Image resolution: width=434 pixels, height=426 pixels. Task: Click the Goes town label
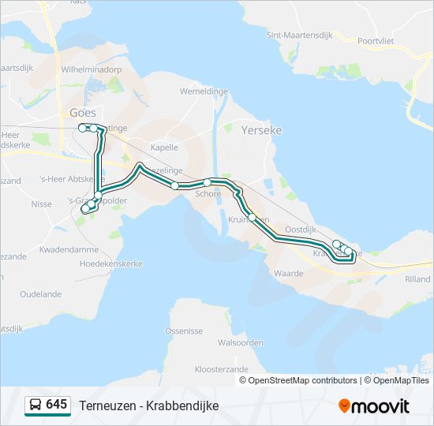83,113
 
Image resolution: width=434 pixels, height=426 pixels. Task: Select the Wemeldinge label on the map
204,92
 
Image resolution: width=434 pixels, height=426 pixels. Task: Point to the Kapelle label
164,148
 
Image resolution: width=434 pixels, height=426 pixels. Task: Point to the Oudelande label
40,294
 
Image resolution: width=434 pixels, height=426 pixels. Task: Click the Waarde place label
289,274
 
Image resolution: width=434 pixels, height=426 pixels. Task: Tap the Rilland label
417,279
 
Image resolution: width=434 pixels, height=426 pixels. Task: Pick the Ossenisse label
184,331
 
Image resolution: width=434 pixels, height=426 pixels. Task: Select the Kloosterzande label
221,368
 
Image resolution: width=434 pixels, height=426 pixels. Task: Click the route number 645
56,405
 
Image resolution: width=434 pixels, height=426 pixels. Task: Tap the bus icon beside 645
35,405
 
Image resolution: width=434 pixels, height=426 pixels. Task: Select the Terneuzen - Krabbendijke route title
148,405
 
